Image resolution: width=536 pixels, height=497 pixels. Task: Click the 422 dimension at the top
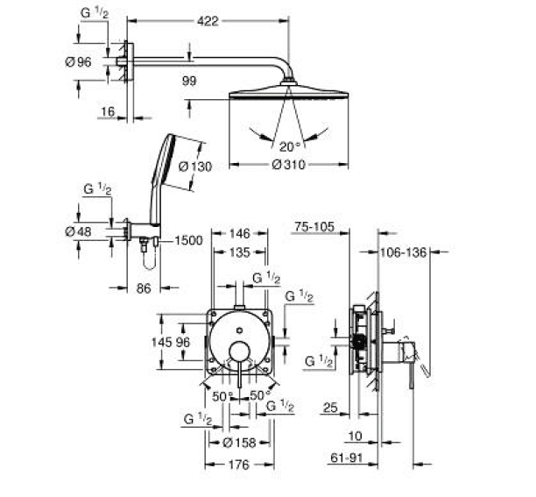click(x=208, y=21)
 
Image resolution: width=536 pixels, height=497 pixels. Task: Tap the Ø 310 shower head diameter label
click(x=288, y=165)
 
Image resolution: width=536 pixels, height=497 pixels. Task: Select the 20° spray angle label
click(x=290, y=147)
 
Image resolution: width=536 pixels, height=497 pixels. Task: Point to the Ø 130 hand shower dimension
click(x=195, y=167)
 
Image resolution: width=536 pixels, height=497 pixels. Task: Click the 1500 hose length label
click(x=188, y=240)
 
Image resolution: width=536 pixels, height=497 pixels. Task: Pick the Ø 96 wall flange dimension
click(x=78, y=62)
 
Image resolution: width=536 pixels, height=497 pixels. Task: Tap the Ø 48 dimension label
click(x=78, y=232)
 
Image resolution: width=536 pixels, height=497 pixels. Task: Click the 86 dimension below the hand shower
click(x=144, y=288)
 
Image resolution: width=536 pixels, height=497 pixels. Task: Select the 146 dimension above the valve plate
click(x=240, y=234)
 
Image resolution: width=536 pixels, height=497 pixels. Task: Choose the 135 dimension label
click(x=240, y=252)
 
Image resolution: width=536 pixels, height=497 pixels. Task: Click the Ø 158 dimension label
click(x=239, y=443)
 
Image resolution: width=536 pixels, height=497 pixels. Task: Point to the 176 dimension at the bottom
click(x=239, y=465)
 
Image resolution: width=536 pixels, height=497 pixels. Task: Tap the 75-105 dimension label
click(x=314, y=227)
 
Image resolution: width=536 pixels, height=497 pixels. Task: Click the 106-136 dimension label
click(x=404, y=252)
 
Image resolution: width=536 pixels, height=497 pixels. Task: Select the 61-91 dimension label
click(x=346, y=458)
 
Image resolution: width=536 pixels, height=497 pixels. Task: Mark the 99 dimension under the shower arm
click(x=189, y=81)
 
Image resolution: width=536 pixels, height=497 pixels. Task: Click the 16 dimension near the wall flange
click(x=108, y=111)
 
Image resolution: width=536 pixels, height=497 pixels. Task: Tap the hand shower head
click(x=165, y=160)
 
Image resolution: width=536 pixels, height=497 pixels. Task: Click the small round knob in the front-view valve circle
click(x=240, y=330)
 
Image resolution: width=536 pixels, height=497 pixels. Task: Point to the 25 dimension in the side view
click(x=330, y=408)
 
